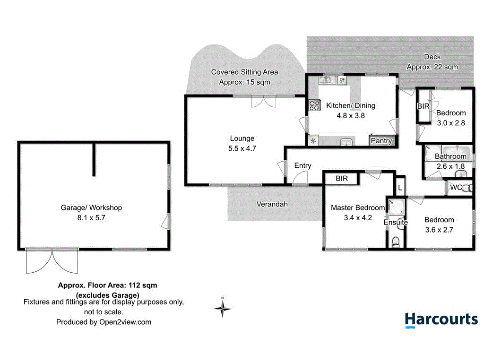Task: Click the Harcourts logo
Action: click(x=441, y=320)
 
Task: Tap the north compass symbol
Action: click(x=223, y=308)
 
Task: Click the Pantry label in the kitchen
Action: click(x=381, y=141)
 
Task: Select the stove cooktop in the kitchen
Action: click(x=314, y=106)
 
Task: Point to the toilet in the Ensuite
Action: click(x=396, y=242)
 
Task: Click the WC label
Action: click(x=456, y=188)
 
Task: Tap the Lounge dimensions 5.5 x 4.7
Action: click(x=242, y=148)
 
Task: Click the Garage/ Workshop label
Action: click(x=91, y=207)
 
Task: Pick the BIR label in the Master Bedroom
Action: click(x=341, y=179)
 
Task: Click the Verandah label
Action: click(x=272, y=204)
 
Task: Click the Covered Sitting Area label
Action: click(x=244, y=72)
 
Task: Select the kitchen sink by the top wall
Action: click(x=329, y=80)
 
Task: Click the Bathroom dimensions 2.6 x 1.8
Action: click(x=450, y=166)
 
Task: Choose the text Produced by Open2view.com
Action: click(x=104, y=322)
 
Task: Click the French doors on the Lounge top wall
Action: click(x=263, y=101)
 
